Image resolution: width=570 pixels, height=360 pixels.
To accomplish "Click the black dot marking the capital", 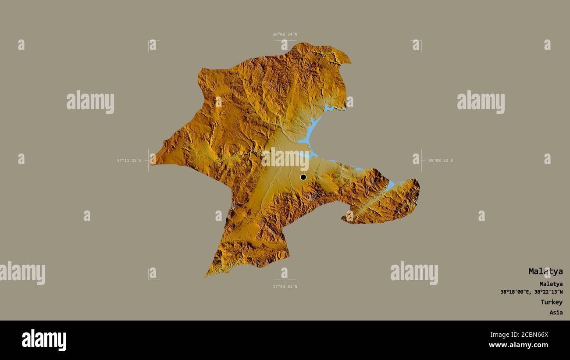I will click(303, 177).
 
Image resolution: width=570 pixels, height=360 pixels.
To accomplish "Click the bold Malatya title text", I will click(545, 271).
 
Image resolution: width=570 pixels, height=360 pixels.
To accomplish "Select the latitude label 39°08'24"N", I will click(285, 34).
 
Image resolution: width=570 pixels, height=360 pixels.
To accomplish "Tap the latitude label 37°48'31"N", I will click(285, 286).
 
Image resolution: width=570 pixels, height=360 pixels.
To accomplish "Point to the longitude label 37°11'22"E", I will click(129, 160).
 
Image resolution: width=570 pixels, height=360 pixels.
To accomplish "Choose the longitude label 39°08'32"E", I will click(440, 160).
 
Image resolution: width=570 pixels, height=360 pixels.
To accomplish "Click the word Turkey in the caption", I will click(551, 302).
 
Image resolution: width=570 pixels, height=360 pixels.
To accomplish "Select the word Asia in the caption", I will click(556, 313).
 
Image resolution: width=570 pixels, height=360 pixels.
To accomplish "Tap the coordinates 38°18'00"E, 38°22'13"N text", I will click(531, 292).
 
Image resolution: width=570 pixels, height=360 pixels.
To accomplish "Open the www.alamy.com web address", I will click(518, 345).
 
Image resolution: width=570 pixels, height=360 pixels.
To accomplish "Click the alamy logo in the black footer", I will click(44, 340).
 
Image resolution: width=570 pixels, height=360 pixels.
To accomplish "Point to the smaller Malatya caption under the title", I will click(551, 284).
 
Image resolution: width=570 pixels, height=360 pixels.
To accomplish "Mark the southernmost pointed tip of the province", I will click(205, 276).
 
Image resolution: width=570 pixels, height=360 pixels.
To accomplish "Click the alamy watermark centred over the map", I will click(285, 158).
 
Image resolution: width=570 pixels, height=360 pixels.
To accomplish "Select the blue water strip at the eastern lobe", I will click(390, 186).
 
